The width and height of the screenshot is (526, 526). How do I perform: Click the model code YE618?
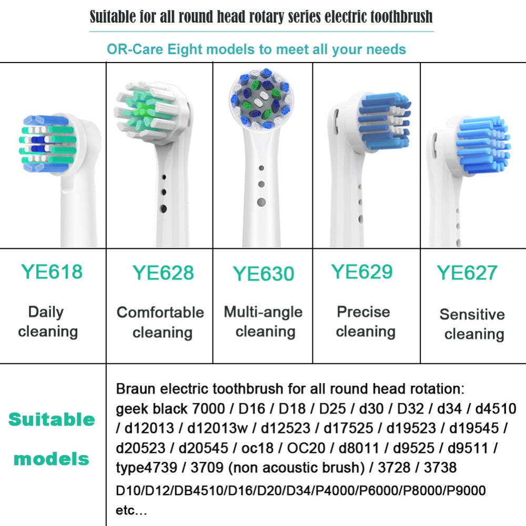52,272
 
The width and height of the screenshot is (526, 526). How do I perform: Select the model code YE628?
164,272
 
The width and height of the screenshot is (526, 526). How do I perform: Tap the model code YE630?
264,274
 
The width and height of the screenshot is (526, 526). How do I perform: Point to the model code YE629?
362,272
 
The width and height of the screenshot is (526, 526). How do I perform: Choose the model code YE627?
467,272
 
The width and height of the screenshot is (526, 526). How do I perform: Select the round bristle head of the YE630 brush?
261,99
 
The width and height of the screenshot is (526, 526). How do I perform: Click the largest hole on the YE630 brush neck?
261,203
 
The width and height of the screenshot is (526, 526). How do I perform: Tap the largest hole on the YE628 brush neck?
164,209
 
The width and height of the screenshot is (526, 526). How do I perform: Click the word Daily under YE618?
46,312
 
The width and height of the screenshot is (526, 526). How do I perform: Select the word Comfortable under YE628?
160,312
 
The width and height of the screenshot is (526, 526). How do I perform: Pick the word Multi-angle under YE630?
264,312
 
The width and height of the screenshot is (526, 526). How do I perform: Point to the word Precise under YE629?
363,311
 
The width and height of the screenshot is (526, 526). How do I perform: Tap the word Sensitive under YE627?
472,315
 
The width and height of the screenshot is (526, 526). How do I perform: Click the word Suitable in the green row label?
52,419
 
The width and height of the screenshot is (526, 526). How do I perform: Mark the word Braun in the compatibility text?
136,389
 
